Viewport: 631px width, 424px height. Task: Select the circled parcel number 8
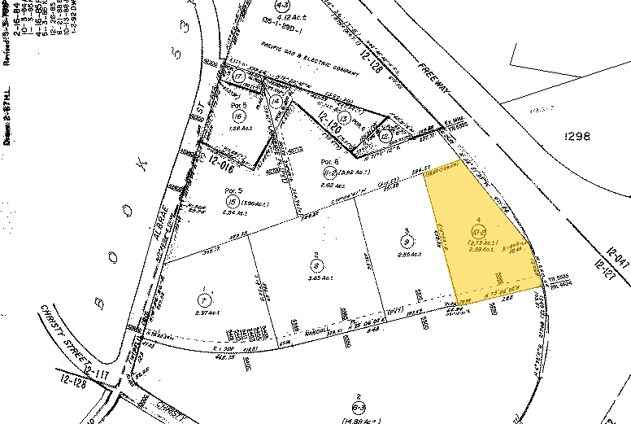pyautogui.click(x=315, y=262)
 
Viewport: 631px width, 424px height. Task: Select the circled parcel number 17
pyautogui.click(x=238, y=76)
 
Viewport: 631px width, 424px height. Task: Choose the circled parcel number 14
pyautogui.click(x=277, y=101)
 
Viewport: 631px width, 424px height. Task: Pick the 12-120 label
pyautogui.click(x=328, y=124)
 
